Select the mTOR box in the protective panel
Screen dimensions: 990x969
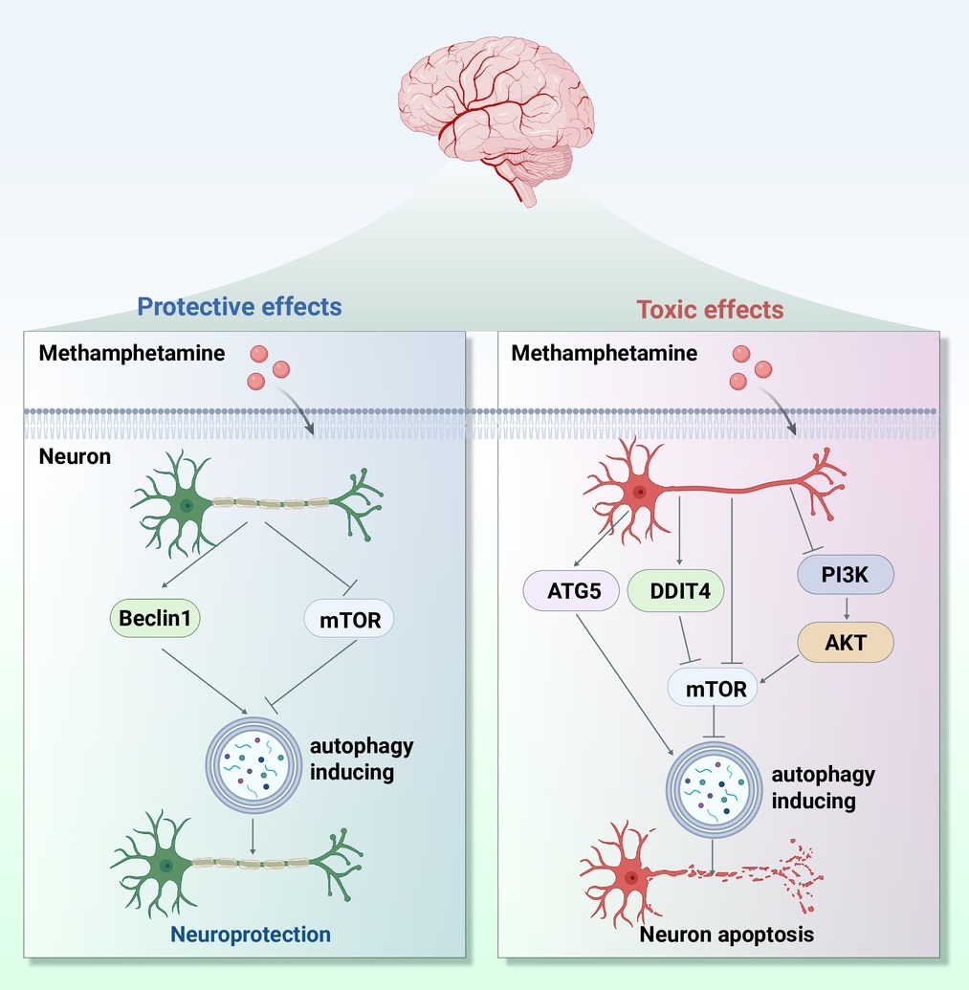348,620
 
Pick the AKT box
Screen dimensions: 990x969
846,643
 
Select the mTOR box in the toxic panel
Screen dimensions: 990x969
713,687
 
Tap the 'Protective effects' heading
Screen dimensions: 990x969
239,307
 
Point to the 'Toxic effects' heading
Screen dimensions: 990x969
710,310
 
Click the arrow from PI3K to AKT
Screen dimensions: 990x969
846,609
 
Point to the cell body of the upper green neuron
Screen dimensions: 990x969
187,505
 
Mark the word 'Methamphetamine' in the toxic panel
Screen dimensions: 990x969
604,354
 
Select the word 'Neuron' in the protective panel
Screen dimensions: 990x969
75,456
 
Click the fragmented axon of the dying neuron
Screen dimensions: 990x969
765,871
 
